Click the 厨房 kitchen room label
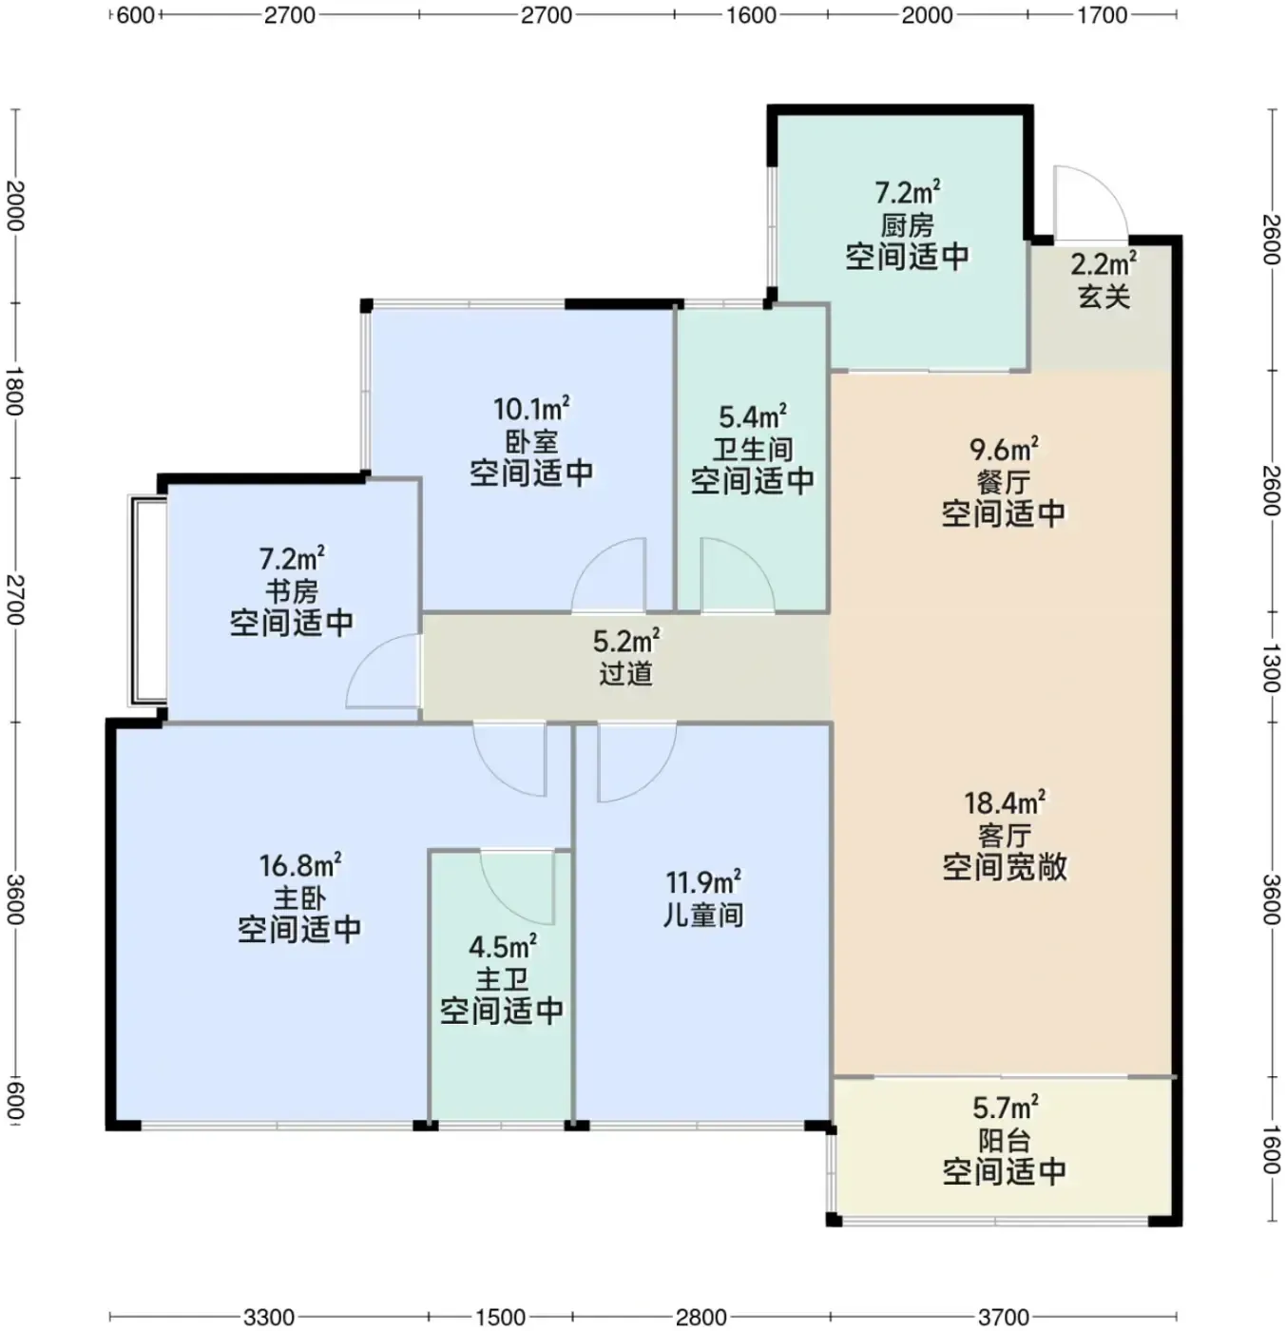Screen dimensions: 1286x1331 (907, 225)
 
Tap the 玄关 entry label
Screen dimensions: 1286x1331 (1104, 297)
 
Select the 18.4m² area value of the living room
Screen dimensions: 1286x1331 (1005, 802)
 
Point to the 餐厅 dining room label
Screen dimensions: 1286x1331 (1003, 482)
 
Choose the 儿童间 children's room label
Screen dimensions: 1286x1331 (702, 916)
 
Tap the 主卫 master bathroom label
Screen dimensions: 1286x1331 (502, 979)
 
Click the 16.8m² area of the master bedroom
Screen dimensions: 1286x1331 (300, 865)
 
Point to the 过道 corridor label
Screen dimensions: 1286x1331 (625, 674)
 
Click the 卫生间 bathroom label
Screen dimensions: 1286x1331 (752, 450)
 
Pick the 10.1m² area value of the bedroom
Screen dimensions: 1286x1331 (532, 409)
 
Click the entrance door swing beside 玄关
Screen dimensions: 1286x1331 (1090, 203)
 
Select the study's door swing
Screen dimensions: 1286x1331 (383, 670)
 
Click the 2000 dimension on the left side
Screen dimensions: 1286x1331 (13, 206)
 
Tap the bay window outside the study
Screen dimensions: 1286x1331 (147, 601)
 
